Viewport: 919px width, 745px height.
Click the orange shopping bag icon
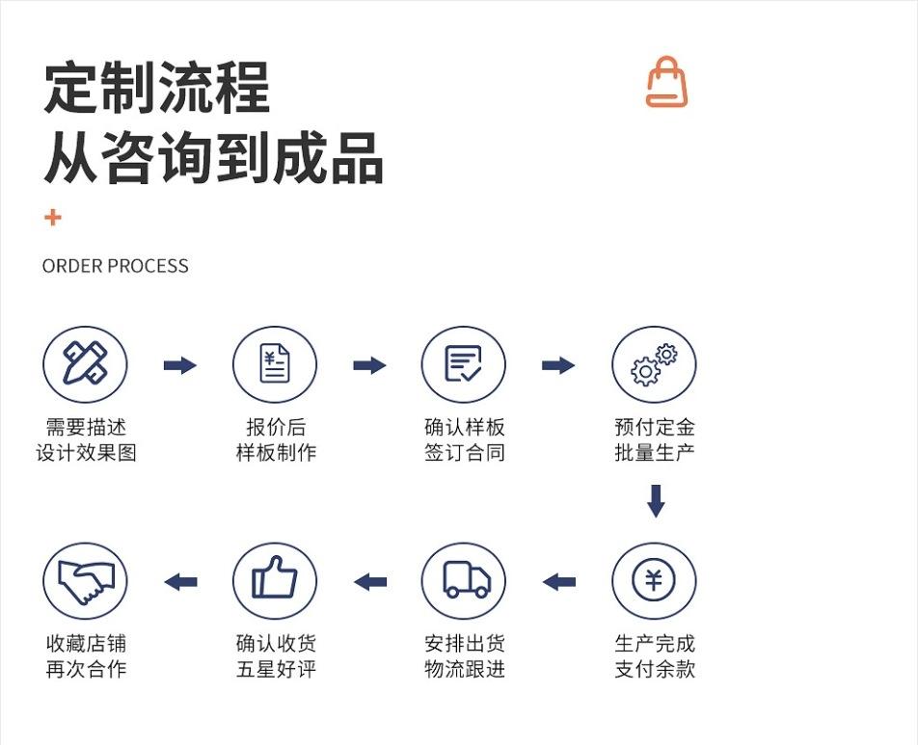coord(666,82)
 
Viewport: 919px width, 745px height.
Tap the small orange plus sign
coord(53,218)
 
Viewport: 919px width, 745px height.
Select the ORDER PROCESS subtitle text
coord(116,266)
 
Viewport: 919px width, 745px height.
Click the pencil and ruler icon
coord(85,364)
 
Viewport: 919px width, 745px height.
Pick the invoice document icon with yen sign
coord(275,364)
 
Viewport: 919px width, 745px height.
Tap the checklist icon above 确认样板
coord(464,364)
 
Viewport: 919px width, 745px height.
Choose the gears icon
coord(654,364)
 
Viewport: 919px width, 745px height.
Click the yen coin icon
coord(654,581)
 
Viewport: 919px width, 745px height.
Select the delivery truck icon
coord(464,581)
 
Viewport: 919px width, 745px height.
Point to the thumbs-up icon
coord(275,581)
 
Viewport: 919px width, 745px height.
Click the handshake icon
coord(85,581)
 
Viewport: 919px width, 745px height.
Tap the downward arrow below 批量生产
coord(656,501)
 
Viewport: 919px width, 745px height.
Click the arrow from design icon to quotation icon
coord(179,365)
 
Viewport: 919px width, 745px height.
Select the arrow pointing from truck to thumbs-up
coord(370,582)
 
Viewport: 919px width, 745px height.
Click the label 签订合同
coord(464,452)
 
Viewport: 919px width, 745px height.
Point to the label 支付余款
coord(654,669)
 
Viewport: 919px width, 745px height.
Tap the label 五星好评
coord(275,669)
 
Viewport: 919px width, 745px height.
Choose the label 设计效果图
coord(86,452)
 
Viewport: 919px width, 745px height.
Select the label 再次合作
coord(86,669)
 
